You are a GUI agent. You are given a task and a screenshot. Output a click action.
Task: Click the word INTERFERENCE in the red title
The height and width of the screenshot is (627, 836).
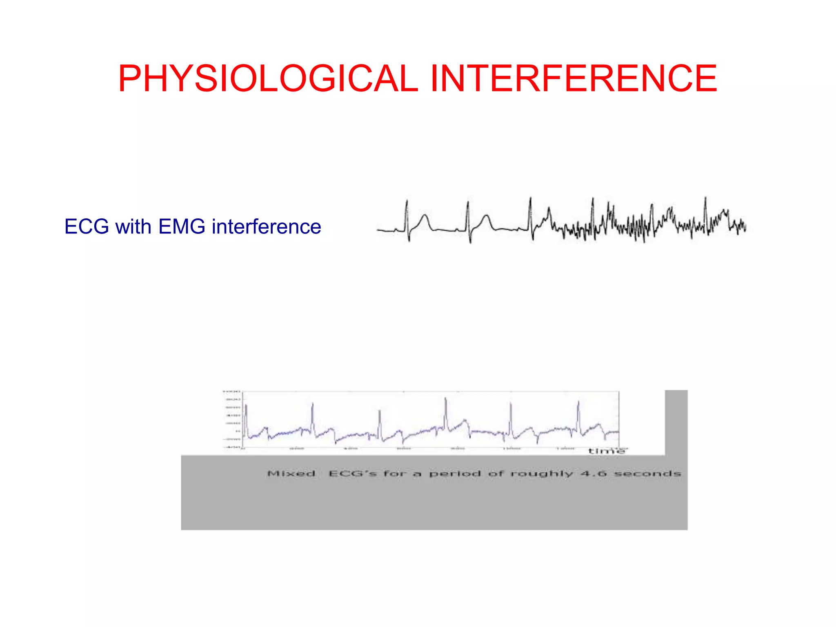[574, 78]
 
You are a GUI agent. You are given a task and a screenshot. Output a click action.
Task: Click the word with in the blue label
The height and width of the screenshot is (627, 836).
[133, 227]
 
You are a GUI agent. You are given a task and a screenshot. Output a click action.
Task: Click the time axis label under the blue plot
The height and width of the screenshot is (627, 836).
[606, 451]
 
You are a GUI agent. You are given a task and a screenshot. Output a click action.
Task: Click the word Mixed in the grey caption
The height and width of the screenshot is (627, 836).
[291, 474]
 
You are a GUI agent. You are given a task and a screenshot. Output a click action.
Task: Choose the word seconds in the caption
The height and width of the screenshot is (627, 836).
[648, 474]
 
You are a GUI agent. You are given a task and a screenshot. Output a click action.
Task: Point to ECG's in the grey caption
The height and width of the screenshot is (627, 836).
[353, 474]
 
